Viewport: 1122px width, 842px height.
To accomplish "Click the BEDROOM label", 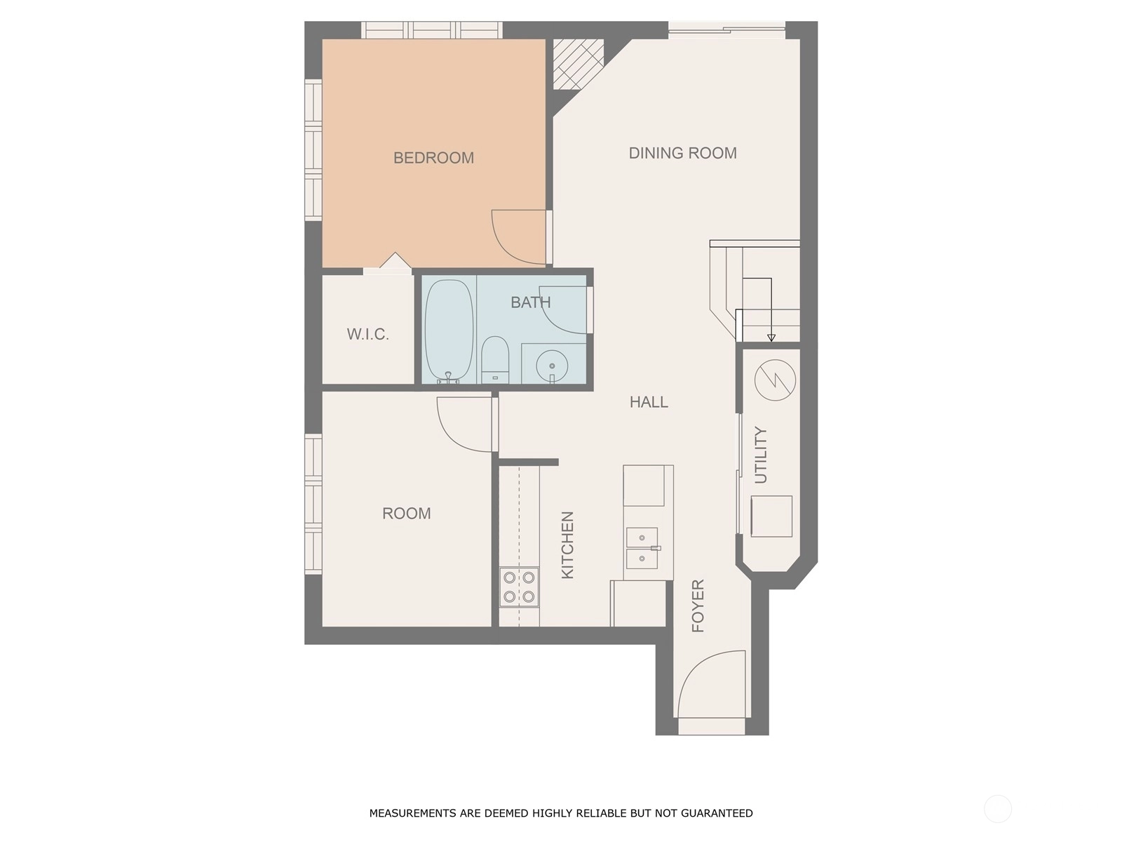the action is [x=433, y=158].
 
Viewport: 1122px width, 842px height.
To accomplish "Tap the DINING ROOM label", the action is [x=682, y=153].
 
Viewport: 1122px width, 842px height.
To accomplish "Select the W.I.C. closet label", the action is [x=368, y=335].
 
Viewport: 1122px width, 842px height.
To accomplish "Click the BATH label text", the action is [x=531, y=302].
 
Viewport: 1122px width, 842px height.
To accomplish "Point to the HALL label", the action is [x=649, y=402].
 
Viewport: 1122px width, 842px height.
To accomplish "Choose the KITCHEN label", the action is [x=568, y=545].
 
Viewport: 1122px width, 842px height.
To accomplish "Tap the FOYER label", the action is [x=698, y=606].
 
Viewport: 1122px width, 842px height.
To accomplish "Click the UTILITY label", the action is [x=761, y=455].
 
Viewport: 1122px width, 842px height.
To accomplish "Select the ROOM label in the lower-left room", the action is [x=406, y=514].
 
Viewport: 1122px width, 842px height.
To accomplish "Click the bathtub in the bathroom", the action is [x=450, y=331].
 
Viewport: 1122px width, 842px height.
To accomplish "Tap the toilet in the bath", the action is [x=495, y=359].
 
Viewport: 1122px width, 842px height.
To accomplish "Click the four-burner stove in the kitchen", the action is [x=520, y=587].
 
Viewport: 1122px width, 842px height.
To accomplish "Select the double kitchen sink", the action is [x=642, y=548].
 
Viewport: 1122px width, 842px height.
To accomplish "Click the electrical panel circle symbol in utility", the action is [x=775, y=380].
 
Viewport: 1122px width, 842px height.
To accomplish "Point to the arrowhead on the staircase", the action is [x=771, y=338].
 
